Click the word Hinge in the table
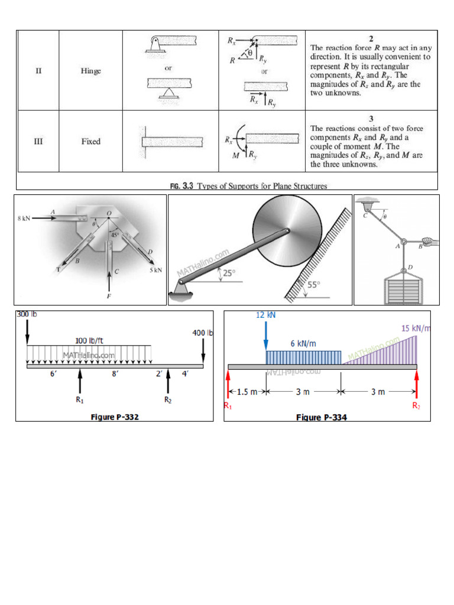90,71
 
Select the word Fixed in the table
90,142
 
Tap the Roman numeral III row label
38,142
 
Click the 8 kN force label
24,218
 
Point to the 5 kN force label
155,272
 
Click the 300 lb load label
27,314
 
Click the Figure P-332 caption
115,417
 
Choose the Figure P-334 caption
322,418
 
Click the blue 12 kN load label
266,315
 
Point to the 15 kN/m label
416,328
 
